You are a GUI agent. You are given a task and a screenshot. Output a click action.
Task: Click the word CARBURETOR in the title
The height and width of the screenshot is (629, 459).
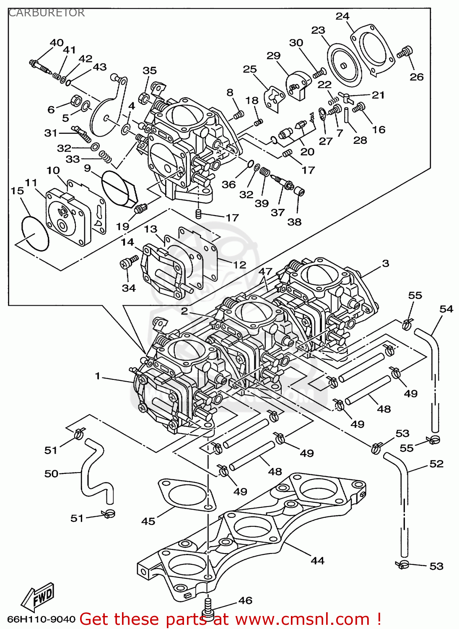46,13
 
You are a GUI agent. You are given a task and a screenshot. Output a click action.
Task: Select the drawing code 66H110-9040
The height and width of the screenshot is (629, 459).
41,619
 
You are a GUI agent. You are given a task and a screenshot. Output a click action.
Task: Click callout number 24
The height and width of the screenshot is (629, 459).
342,16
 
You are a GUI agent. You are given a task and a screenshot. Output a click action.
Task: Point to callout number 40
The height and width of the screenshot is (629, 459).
57,42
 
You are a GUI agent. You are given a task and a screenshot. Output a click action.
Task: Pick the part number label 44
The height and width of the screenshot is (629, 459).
317,561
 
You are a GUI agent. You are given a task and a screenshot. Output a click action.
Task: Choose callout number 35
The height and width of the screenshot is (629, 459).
149,70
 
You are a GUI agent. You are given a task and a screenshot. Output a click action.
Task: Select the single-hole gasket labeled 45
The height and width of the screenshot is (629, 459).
184,495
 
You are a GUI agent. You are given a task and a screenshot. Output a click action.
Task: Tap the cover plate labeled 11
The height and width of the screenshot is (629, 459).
67,218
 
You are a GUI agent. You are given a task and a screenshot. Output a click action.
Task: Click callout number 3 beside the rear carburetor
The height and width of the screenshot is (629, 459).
385,263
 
